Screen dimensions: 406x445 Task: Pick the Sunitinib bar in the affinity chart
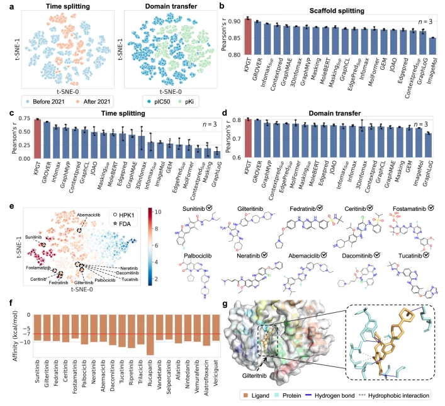[38, 327]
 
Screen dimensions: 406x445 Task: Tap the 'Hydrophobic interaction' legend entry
[407, 395]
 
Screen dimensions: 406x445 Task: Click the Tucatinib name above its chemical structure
[408, 256]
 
